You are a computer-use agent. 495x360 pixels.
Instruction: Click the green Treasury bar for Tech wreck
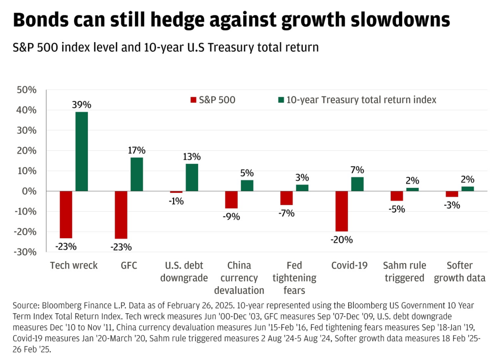tap(82, 151)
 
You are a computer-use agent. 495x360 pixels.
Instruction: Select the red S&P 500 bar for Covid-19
tap(342, 211)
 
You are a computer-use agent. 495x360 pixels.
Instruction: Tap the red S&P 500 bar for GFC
tap(121, 215)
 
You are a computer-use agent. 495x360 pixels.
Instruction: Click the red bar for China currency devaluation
tap(232, 200)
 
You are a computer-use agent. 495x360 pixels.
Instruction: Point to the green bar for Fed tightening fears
tap(302, 188)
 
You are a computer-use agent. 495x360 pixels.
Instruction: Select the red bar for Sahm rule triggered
tap(397, 196)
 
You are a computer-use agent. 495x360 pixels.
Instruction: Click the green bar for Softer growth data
tap(467, 189)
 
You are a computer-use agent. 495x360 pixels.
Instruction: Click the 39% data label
tap(82, 104)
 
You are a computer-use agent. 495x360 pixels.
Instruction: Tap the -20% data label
tap(342, 240)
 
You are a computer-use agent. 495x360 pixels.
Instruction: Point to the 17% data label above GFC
tap(137, 150)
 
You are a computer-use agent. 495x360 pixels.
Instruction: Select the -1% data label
tap(176, 201)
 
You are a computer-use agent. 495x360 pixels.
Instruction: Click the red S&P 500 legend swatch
tap(194, 100)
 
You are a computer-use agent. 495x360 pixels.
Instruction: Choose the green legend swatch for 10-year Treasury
tap(280, 100)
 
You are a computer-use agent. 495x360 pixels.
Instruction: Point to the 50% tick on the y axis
tap(27, 90)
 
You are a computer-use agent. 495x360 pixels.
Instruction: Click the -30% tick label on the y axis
tap(26, 252)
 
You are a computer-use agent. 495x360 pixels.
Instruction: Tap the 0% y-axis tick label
tap(30, 191)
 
